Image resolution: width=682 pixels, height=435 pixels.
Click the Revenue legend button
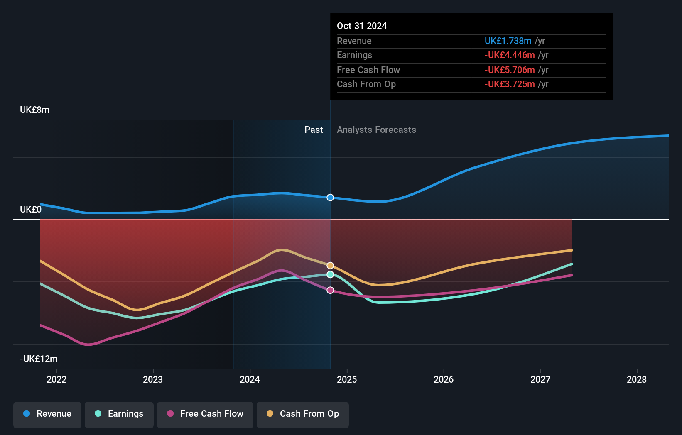pyautogui.click(x=47, y=414)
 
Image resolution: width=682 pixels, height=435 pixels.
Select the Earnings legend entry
pyautogui.click(x=119, y=414)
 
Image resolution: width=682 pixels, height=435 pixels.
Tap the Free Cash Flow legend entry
pyautogui.click(x=205, y=414)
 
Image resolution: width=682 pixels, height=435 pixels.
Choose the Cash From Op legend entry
pyautogui.click(x=303, y=414)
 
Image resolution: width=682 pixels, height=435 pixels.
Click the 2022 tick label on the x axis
pyautogui.click(x=56, y=379)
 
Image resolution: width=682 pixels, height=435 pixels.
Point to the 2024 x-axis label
pyautogui.click(x=250, y=379)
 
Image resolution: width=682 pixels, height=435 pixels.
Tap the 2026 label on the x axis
pyautogui.click(x=444, y=379)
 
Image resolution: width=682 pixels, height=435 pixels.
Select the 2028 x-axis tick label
pyautogui.click(x=637, y=379)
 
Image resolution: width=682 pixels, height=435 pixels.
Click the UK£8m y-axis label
pyautogui.click(x=34, y=110)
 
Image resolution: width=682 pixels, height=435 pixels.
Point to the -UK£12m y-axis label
pyautogui.click(x=39, y=359)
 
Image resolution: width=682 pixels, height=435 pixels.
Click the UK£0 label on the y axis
pyautogui.click(x=31, y=210)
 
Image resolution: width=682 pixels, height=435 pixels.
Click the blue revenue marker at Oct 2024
pyautogui.click(x=330, y=198)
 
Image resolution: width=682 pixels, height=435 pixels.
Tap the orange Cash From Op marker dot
pyautogui.click(x=330, y=266)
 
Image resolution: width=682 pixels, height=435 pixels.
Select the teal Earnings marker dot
pyautogui.click(x=330, y=275)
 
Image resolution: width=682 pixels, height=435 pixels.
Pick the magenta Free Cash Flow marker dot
pyautogui.click(x=330, y=290)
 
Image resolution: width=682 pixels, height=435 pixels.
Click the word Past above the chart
pyautogui.click(x=314, y=130)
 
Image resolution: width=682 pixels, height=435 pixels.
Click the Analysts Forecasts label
pyautogui.click(x=376, y=130)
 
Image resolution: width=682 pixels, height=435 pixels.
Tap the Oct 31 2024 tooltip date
pyautogui.click(x=362, y=26)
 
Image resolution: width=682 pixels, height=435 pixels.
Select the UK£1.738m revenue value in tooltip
pyautogui.click(x=508, y=41)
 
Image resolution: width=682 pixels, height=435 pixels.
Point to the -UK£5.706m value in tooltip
pyautogui.click(x=510, y=70)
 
